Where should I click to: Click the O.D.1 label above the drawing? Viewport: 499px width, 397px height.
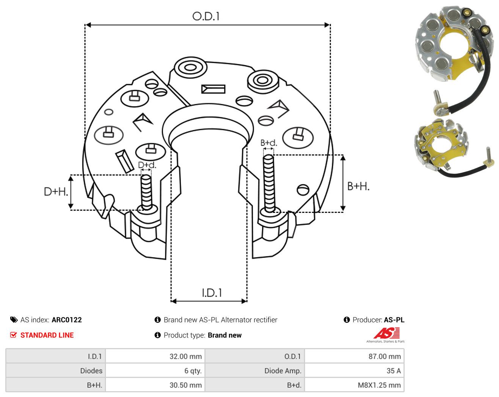click(x=206, y=16)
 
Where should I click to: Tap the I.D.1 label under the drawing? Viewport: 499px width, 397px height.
click(x=212, y=293)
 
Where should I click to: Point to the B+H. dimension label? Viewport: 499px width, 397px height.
click(x=358, y=186)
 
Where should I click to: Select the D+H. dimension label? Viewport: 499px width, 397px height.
click(x=56, y=192)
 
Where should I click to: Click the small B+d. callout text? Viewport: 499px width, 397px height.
click(x=269, y=143)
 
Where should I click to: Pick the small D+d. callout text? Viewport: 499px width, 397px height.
click(x=147, y=165)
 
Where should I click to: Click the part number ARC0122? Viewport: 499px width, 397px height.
click(x=67, y=320)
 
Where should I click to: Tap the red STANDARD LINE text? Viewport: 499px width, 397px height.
click(x=47, y=335)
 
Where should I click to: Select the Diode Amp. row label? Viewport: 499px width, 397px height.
click(x=283, y=370)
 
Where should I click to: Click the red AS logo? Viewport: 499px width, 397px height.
click(x=386, y=333)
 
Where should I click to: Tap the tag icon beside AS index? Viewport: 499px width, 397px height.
click(x=14, y=320)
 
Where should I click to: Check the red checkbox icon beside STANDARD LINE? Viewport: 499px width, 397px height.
click(x=13, y=335)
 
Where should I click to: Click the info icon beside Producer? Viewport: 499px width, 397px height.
click(x=347, y=320)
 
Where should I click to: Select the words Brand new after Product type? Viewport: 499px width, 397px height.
click(x=225, y=335)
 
